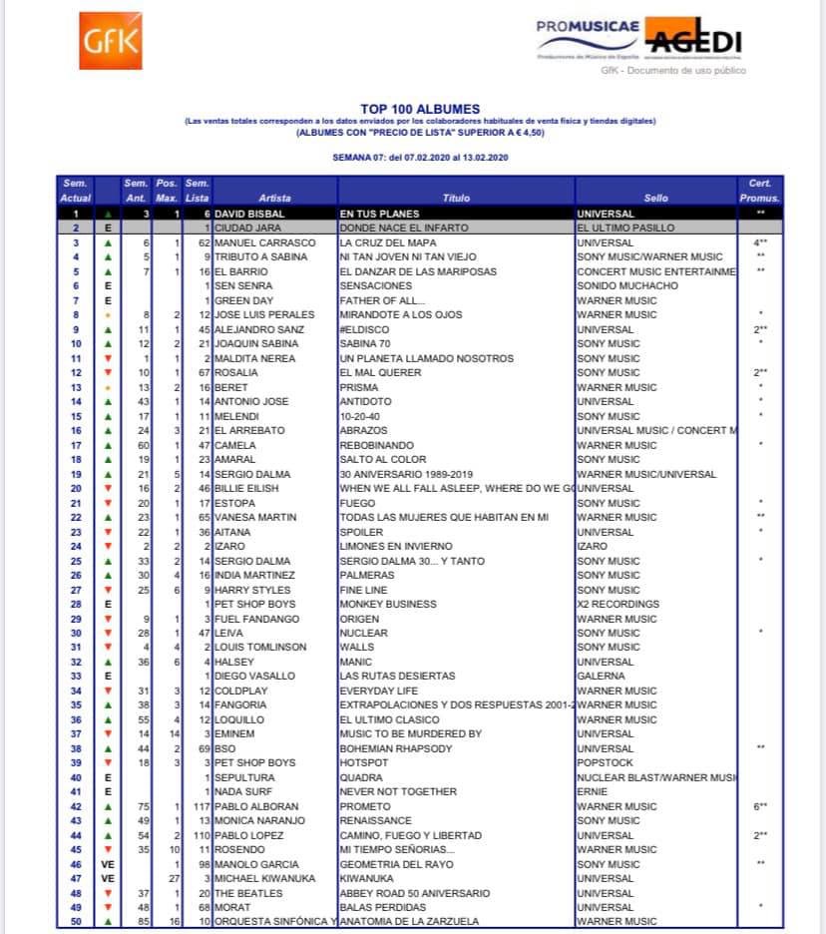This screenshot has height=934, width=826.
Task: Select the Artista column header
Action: tap(274, 198)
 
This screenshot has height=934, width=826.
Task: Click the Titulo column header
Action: tap(456, 198)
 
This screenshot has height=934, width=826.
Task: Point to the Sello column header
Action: tap(655, 198)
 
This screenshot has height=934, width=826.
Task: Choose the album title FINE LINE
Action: tap(362, 589)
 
